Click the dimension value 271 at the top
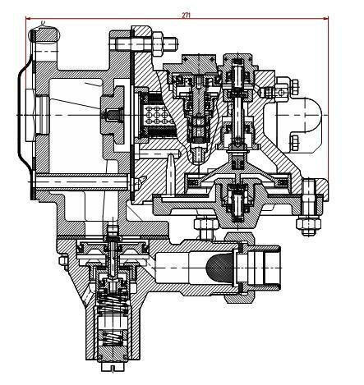[186, 16]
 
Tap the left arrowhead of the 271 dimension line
[28, 19]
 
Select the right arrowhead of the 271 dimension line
[326, 19]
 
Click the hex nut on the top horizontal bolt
[157, 44]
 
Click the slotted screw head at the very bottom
[113, 367]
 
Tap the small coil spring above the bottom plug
[113, 338]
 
